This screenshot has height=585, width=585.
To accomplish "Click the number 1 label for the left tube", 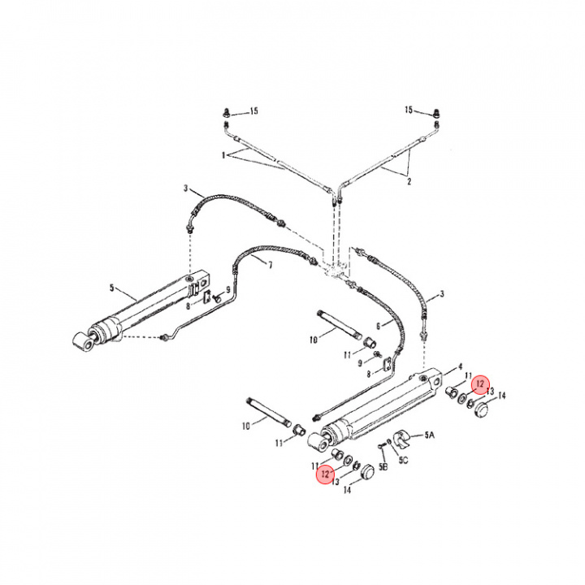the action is click(x=223, y=155).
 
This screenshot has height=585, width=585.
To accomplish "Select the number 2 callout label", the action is click(x=409, y=182).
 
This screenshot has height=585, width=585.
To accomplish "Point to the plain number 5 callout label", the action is click(x=111, y=288).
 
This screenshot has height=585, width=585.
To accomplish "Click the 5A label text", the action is click(x=430, y=435).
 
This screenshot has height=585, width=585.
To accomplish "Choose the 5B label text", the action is click(x=383, y=466).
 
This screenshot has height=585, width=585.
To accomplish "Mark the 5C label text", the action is click(x=403, y=460).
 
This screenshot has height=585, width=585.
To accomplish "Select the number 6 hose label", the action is click(x=379, y=326).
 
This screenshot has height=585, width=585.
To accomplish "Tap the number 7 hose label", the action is click(x=270, y=265).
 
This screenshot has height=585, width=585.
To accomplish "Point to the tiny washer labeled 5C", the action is click(x=389, y=442).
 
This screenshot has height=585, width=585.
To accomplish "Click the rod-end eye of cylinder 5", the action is click(x=83, y=341).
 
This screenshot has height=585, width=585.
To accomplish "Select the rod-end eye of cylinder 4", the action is click(x=318, y=442).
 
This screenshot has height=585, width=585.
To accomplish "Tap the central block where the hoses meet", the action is click(x=335, y=269).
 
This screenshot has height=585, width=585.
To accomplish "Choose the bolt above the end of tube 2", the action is click(x=436, y=112).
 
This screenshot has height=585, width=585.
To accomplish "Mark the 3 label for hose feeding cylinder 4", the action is click(x=442, y=294).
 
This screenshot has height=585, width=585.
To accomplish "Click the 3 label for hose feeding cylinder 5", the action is click(x=185, y=188).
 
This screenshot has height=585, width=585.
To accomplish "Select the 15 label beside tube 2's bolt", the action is click(x=409, y=110).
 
